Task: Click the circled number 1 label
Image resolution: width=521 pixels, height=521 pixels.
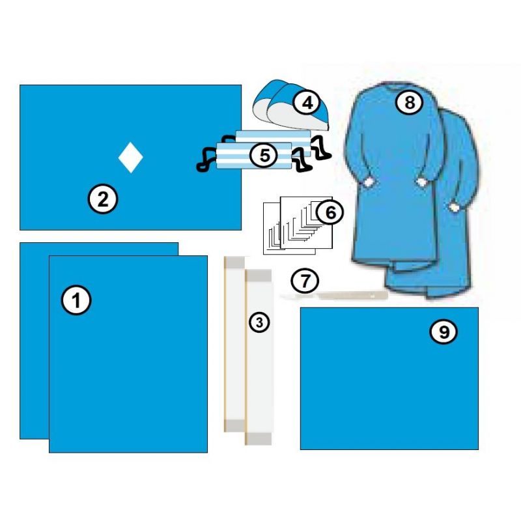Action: click(x=76, y=301)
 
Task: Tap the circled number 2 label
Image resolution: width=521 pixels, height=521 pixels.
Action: click(x=103, y=199)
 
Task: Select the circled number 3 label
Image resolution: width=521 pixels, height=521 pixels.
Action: click(x=259, y=322)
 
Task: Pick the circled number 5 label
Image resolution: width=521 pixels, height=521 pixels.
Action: click(x=264, y=156)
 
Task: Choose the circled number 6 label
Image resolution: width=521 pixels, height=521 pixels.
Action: click(x=330, y=212)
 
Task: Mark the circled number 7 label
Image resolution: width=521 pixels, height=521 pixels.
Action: click(x=305, y=281)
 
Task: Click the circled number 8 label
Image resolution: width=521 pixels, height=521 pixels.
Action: click(x=410, y=102)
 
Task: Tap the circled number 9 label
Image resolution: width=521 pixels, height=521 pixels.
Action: click(x=444, y=332)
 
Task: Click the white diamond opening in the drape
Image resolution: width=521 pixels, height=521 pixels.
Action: click(x=130, y=157)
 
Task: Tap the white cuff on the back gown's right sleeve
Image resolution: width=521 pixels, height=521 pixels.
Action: click(x=454, y=206)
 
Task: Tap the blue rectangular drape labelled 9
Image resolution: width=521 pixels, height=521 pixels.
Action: click(x=389, y=391)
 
